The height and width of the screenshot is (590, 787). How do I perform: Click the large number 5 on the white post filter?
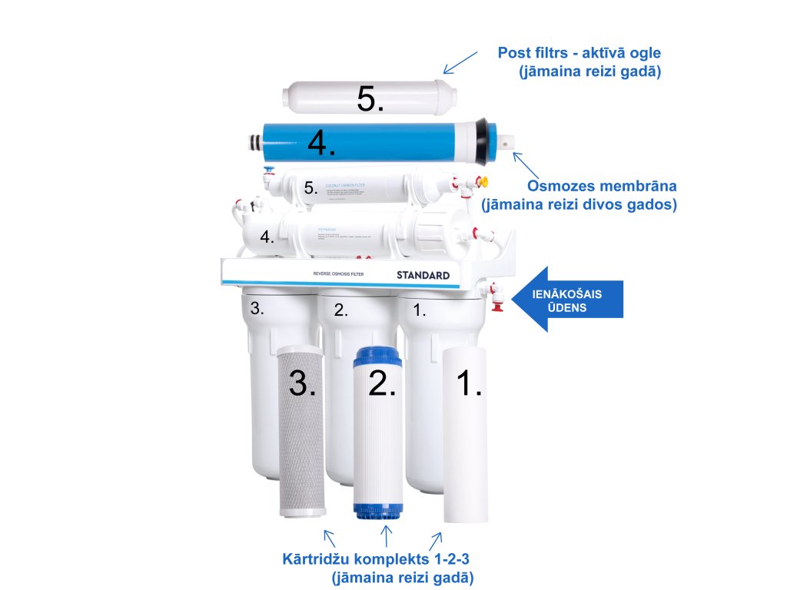click(x=370, y=98)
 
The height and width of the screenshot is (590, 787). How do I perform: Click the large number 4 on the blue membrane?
click(x=321, y=142)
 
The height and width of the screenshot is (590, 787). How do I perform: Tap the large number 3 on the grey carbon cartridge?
click(x=302, y=382)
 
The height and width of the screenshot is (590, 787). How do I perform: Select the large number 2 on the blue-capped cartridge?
click(x=382, y=382)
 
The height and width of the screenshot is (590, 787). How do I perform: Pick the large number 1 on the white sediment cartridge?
click(x=469, y=382)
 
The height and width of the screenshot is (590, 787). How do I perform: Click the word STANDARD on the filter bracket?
click(x=423, y=275)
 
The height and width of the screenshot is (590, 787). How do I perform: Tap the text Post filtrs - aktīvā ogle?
click(x=579, y=53)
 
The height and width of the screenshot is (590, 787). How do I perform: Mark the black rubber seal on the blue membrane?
click(x=485, y=142)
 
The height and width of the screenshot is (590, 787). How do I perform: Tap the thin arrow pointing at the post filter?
click(x=460, y=63)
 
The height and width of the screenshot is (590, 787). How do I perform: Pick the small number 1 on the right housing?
click(x=420, y=310)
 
